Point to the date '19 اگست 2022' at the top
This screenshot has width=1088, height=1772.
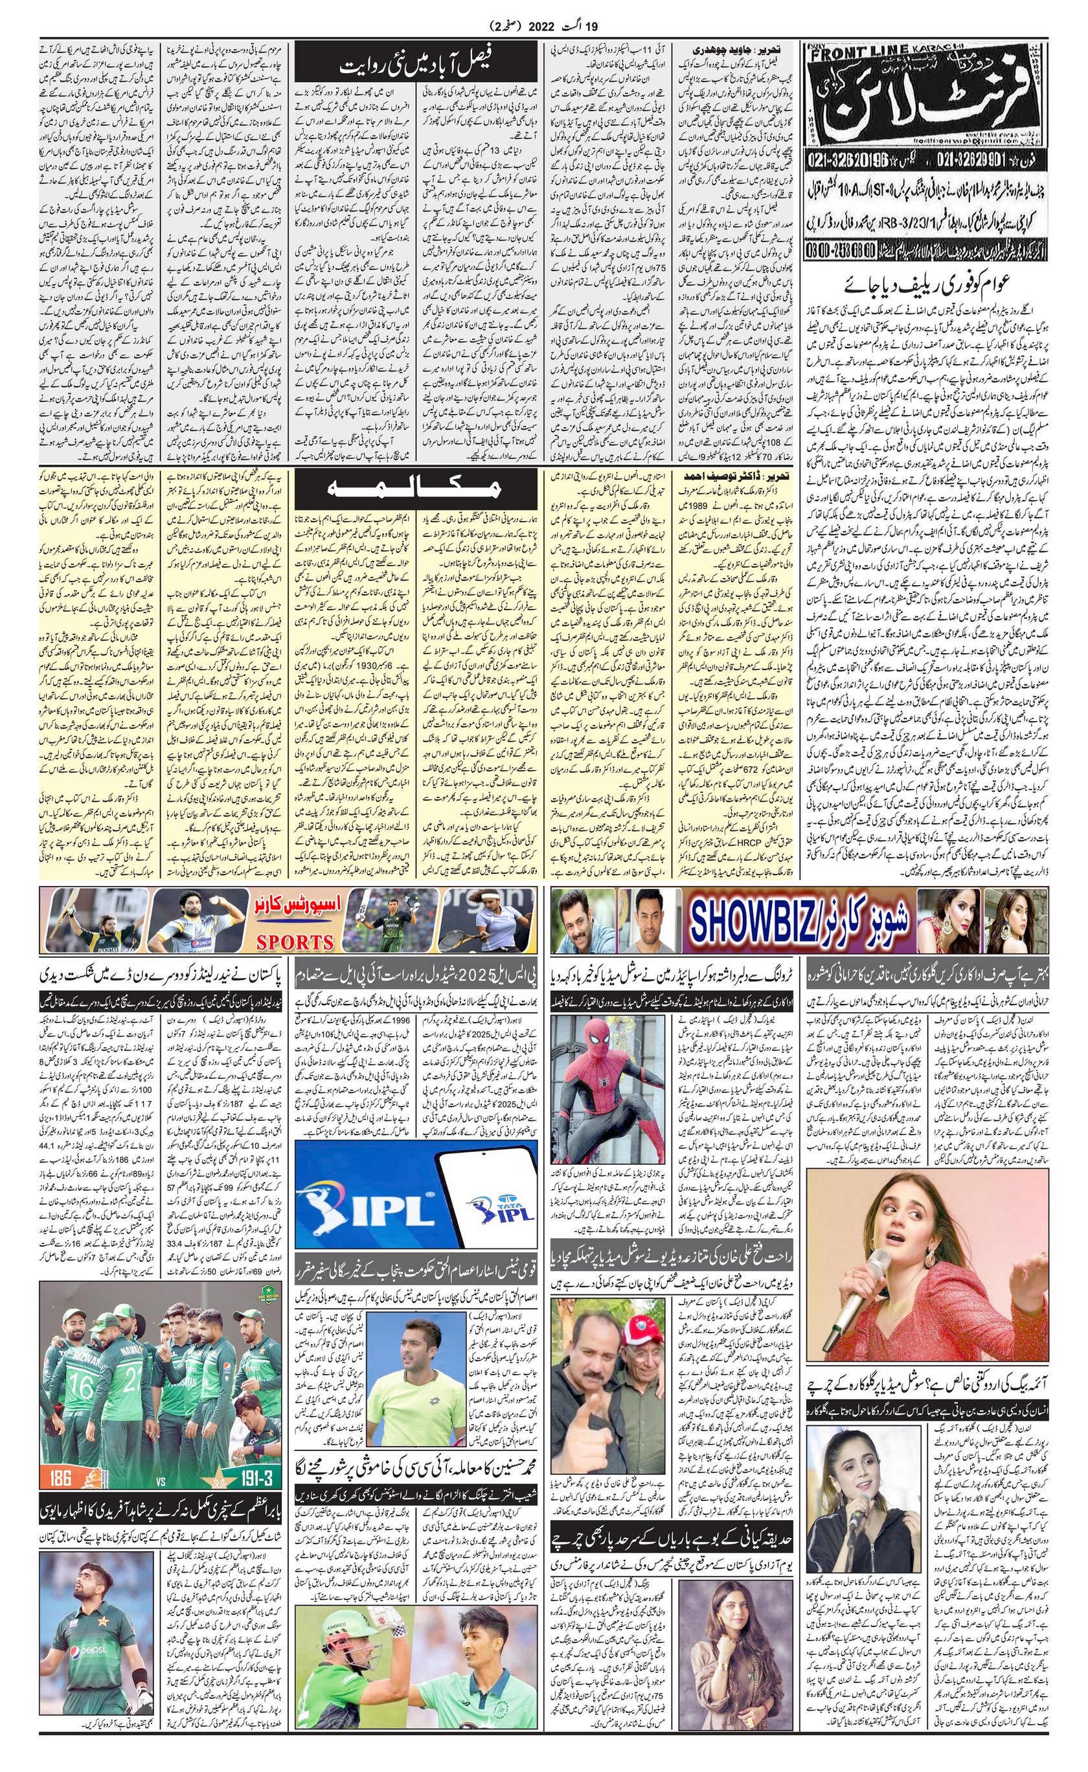tap(543, 26)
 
